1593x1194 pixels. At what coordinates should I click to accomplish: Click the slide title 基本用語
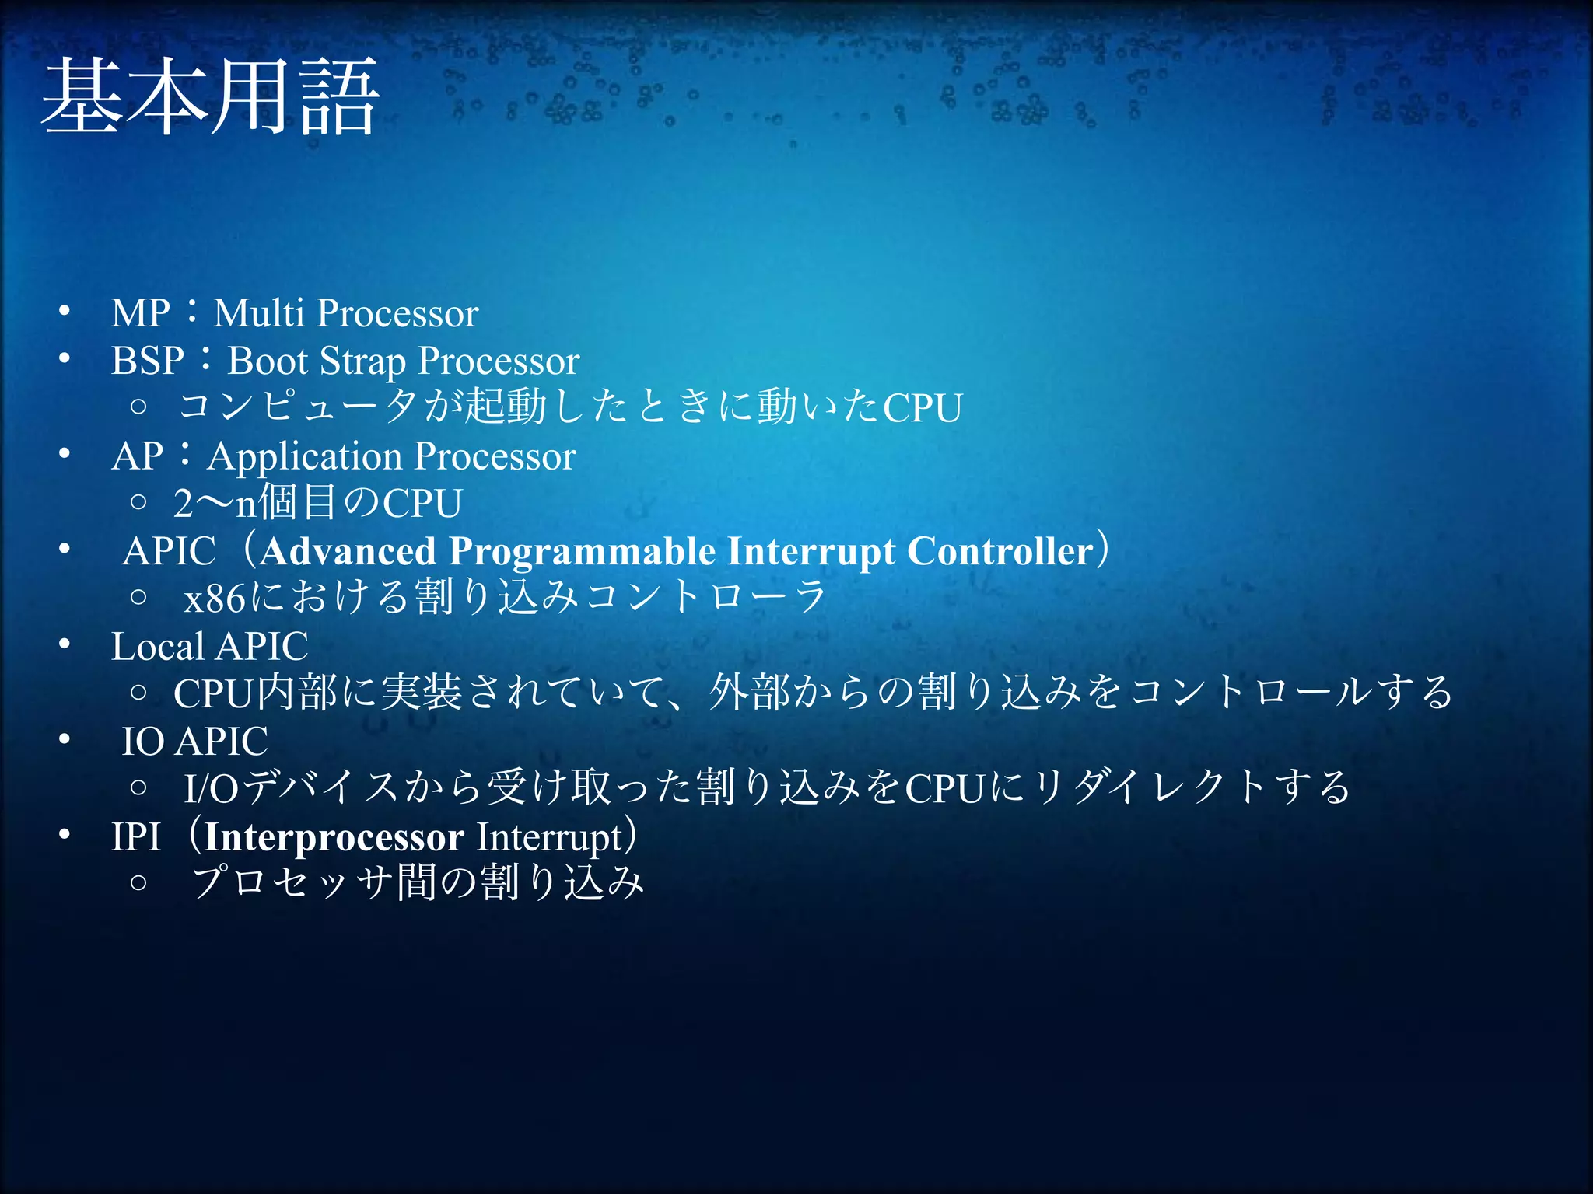(210, 97)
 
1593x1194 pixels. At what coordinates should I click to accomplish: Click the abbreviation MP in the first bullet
(140, 313)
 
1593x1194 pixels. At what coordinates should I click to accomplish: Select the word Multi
(258, 313)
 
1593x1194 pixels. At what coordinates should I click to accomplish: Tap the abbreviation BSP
(147, 361)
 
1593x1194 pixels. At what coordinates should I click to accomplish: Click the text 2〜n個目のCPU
(317, 503)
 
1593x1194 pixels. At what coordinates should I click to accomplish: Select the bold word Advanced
(348, 551)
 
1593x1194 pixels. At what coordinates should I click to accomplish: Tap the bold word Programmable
(582, 553)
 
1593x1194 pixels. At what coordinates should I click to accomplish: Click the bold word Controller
(1000, 551)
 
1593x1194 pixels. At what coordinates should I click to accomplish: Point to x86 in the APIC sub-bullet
(215, 599)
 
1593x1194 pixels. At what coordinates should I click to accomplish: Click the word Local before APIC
(158, 646)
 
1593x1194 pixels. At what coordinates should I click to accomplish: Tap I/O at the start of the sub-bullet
(211, 788)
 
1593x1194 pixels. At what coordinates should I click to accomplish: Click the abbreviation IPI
(135, 837)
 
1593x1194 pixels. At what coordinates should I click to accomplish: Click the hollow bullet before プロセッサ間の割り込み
(138, 882)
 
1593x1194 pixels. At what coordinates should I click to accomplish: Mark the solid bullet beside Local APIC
(65, 644)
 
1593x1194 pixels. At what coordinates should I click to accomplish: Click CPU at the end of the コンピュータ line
(923, 408)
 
